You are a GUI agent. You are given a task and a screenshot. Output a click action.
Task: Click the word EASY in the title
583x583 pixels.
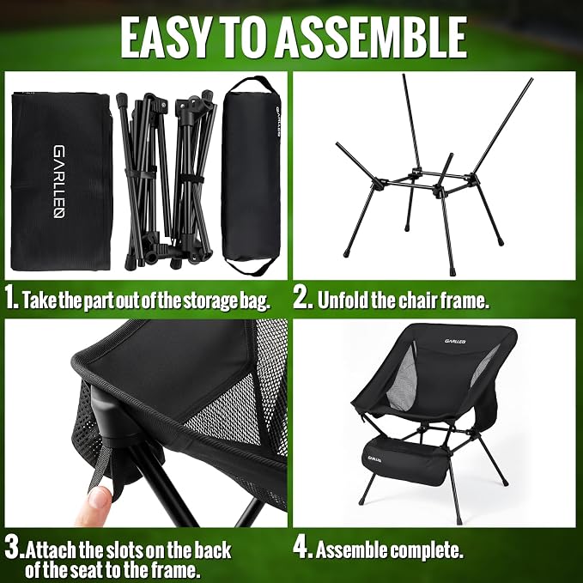[167, 38]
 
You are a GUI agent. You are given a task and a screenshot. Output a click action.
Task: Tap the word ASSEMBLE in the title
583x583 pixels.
[371, 38]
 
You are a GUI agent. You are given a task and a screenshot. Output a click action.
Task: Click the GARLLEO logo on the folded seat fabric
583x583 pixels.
[59, 181]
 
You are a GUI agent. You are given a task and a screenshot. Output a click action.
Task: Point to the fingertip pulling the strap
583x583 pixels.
[97, 498]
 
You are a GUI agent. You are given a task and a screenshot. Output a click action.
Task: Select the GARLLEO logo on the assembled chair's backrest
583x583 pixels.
[455, 341]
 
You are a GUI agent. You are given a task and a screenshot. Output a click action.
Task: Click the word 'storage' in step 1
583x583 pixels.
[210, 301]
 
